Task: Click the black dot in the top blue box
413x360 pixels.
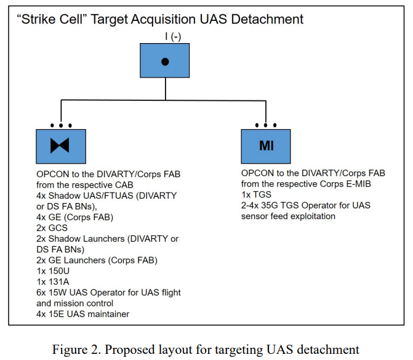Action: [165, 62]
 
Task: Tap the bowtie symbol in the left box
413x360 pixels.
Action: [60, 145]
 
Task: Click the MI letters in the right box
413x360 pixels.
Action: [267, 146]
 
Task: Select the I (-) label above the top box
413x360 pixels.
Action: [173, 36]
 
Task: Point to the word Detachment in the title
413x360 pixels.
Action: [267, 19]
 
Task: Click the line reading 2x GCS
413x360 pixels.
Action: [52, 228]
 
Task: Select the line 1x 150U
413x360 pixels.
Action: [53, 271]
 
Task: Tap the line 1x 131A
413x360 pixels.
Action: [53, 282]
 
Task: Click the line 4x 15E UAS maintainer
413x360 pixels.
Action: [83, 314]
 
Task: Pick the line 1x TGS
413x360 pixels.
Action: [256, 194]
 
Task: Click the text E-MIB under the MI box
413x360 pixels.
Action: [358, 183]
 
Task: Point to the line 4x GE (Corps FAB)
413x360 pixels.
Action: [75, 217]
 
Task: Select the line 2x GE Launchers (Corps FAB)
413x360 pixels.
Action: [97, 260]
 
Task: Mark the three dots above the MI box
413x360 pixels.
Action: [266, 125]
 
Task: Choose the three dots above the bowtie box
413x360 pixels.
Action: [61, 126]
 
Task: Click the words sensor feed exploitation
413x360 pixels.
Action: [289, 216]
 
